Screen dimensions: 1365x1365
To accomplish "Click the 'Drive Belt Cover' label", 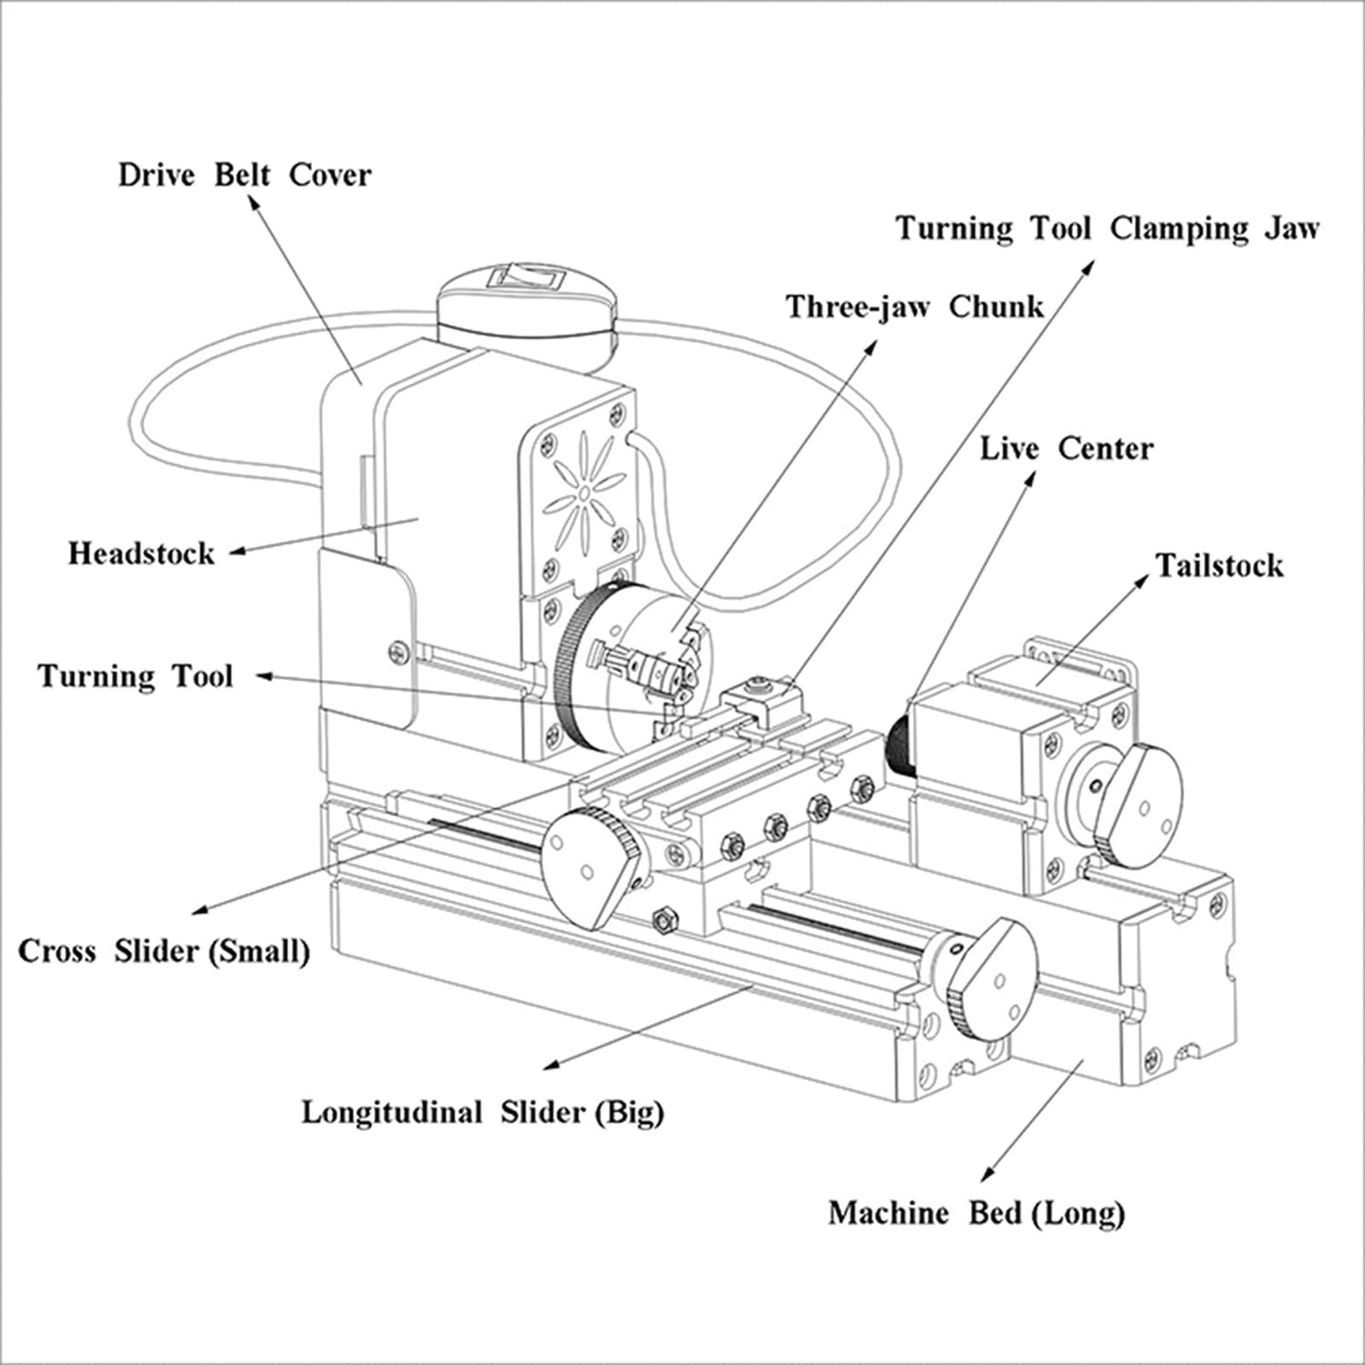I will pos(244,175).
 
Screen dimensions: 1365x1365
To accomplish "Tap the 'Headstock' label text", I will pos(141,553).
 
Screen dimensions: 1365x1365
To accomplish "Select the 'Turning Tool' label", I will pos(136,676).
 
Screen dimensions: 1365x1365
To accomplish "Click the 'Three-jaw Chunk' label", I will pos(915,307).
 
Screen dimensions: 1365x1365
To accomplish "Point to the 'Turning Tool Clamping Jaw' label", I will pos(1107,227).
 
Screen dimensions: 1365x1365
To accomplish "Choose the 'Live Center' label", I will pos(1066,449).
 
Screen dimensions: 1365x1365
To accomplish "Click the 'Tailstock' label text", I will pos(1218,565).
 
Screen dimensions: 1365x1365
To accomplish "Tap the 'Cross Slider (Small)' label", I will pos(164,951).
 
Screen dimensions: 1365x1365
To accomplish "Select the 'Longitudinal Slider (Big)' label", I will pos(482,1112).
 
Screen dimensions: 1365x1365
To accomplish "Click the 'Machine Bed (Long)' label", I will pos(976,1213).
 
